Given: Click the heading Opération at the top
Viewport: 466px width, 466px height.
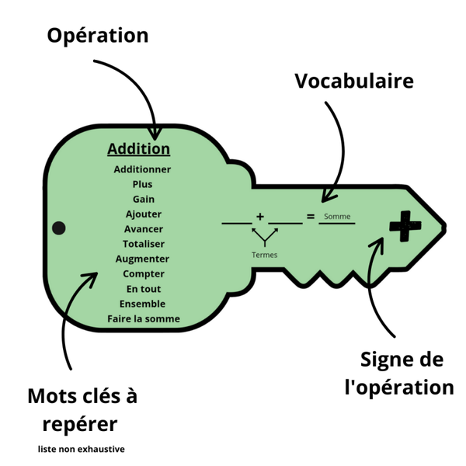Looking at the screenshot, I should click(x=97, y=36).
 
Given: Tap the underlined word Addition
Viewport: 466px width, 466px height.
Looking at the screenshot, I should click(x=138, y=148).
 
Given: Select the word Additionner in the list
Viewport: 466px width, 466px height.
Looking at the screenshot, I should click(x=142, y=169).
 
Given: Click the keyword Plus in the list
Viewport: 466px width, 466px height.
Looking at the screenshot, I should click(x=142, y=184).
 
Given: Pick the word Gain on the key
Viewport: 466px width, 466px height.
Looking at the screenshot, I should click(x=143, y=199).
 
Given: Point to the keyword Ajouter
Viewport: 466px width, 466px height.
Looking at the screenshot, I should click(x=143, y=214).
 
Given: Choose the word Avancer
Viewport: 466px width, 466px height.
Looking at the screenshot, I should click(x=144, y=229).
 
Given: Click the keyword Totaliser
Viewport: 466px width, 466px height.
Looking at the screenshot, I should click(x=144, y=244).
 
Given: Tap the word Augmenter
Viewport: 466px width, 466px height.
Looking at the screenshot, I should click(x=142, y=259).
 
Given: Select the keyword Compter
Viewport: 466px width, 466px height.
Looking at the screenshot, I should click(x=144, y=273).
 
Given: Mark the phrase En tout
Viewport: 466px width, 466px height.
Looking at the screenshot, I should click(x=144, y=289).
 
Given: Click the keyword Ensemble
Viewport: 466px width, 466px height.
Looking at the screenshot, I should click(x=143, y=304).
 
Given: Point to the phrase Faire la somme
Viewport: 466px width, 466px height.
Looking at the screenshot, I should click(x=143, y=318).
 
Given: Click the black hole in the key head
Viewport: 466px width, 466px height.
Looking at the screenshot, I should click(x=58, y=228).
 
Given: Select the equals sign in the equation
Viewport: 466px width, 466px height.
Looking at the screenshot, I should click(x=311, y=217).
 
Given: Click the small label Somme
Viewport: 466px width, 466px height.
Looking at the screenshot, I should click(x=336, y=217).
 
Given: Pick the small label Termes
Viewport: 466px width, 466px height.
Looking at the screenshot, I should click(x=265, y=255).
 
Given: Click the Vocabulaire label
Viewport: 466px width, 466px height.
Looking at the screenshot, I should click(x=353, y=81).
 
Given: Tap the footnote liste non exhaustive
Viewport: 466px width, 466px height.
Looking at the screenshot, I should click(x=81, y=449).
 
